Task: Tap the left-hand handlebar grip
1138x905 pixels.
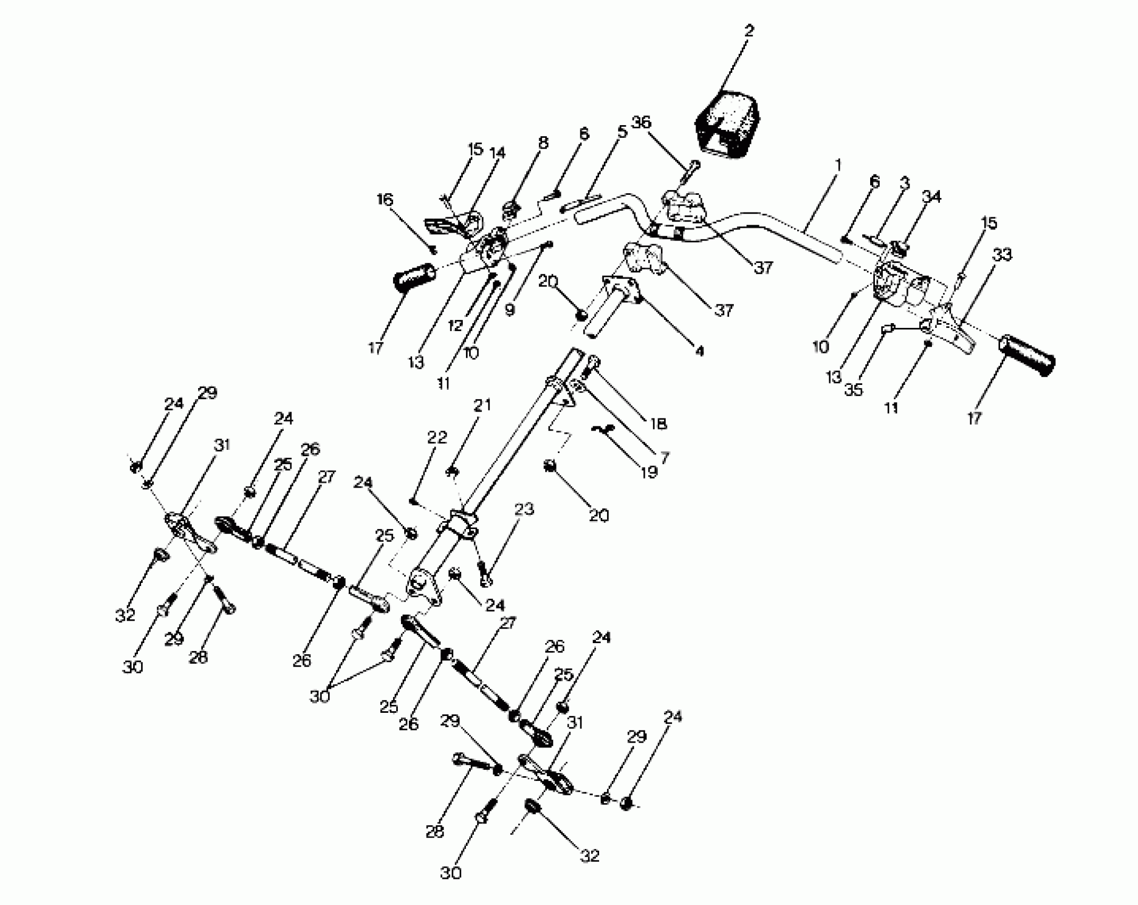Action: [x=414, y=277]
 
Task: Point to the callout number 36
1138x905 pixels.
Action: [x=641, y=122]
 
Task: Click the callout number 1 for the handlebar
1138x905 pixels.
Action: [x=838, y=166]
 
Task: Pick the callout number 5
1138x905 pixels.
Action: [x=622, y=132]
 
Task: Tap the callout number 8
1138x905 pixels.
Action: [x=543, y=143]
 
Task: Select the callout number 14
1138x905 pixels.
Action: [x=497, y=153]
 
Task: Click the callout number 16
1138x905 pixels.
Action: [x=384, y=200]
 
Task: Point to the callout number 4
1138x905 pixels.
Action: [x=699, y=351]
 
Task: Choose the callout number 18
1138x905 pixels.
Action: [x=658, y=423]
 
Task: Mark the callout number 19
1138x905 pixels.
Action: [x=649, y=472]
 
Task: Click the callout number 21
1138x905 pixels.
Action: [x=482, y=405]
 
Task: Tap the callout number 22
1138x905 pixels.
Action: [x=437, y=438]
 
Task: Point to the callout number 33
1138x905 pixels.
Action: [x=1002, y=255]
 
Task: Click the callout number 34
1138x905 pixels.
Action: [x=931, y=197]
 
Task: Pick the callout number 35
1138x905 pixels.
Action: [x=853, y=390]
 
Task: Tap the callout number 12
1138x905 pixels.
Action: [x=455, y=325]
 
